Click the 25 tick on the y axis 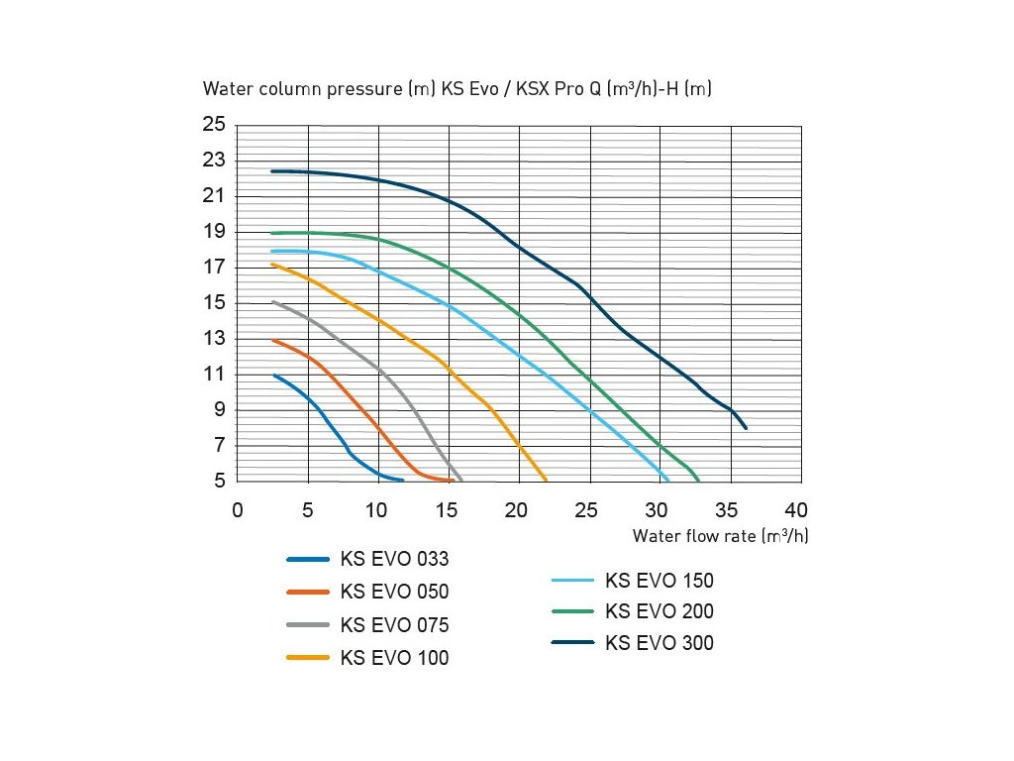215,125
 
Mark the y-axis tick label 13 215,339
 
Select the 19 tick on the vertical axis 215,232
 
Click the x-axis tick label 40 796,510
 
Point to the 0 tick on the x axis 238,510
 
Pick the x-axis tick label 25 587,510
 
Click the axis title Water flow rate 720,537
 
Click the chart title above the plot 457,89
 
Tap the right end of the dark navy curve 746,428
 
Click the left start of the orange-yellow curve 272,265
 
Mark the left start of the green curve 272,233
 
